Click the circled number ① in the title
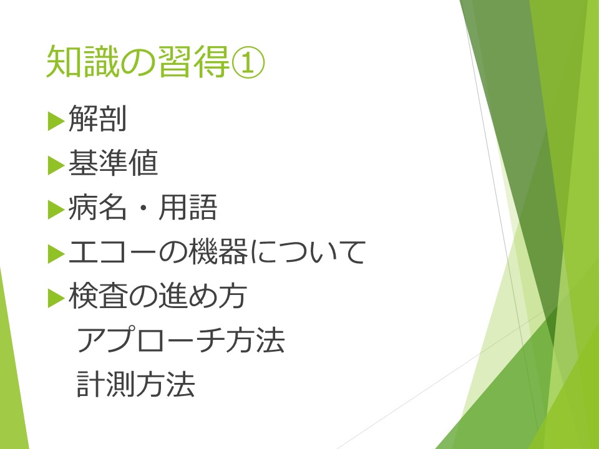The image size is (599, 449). (248, 62)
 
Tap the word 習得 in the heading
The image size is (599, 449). (193, 62)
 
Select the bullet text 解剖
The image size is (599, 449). (97, 118)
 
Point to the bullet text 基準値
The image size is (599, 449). (113, 163)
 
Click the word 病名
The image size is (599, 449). (97, 207)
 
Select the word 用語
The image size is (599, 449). (188, 207)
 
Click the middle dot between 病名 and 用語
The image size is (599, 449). (143, 208)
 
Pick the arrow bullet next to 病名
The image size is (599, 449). (56, 210)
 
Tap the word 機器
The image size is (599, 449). (218, 251)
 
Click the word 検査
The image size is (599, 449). (97, 296)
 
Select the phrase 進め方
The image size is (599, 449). (202, 296)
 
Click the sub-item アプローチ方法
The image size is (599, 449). (181, 340)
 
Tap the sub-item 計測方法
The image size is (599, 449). (136, 384)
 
